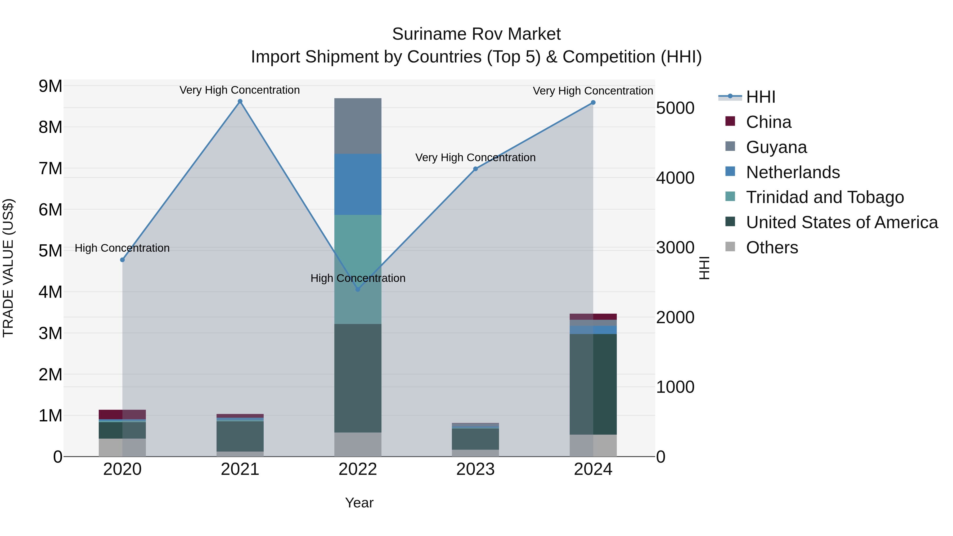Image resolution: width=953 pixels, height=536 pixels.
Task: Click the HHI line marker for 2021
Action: click(240, 101)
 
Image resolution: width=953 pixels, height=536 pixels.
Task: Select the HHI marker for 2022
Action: click(358, 290)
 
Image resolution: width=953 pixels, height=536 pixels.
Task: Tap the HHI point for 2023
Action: click(475, 169)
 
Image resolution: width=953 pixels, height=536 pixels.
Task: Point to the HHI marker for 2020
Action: click(123, 260)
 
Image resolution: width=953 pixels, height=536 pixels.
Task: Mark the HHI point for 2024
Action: click(593, 102)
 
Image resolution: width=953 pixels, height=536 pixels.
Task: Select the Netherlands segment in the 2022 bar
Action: click(358, 184)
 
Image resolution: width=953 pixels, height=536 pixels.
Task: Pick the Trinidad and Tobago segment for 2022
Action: click(358, 269)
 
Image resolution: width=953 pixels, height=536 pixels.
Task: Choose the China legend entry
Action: click(768, 122)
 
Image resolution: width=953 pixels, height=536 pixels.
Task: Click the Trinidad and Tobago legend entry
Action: click(825, 197)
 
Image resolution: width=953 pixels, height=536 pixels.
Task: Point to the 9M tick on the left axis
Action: click(50, 86)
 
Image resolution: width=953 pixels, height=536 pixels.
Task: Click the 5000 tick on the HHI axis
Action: click(675, 108)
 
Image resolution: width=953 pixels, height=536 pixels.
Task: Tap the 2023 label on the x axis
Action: click(475, 469)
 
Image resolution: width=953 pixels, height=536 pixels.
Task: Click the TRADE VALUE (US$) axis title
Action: click(8, 268)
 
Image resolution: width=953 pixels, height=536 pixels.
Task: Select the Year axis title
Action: click(359, 503)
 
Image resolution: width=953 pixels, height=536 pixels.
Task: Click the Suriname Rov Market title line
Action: click(476, 34)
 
